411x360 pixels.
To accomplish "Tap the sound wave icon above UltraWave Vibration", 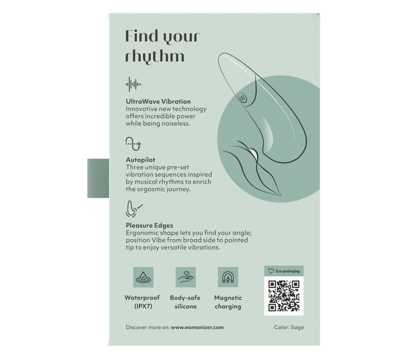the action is (134, 84).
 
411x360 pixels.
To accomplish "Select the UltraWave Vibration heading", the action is (158, 101).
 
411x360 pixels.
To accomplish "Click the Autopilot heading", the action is (140, 160).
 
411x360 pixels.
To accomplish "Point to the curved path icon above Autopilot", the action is (133, 144).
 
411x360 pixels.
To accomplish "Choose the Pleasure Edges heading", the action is (150, 225).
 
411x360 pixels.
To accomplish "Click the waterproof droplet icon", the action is (143, 277).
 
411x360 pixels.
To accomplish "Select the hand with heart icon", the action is (185, 277).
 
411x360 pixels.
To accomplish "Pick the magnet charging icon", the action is (228, 277).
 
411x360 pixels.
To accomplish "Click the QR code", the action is (284, 296).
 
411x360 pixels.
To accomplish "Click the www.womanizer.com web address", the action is (197, 327).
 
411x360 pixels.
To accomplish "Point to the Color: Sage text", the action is (289, 327).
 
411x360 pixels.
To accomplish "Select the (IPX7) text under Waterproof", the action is (143, 306).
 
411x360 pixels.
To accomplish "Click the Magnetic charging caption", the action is (228, 302).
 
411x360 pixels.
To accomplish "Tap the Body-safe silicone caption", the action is (185, 302).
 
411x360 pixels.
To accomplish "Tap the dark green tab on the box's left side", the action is (98, 178).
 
